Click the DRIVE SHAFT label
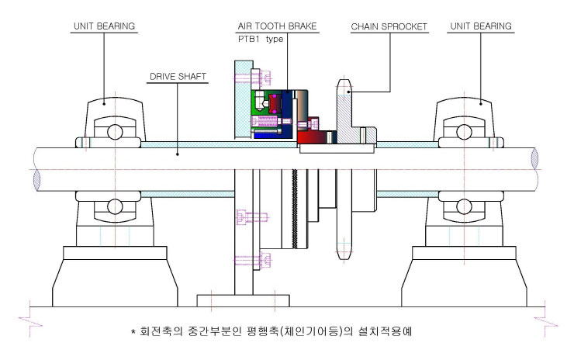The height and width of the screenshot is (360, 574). click(178, 77)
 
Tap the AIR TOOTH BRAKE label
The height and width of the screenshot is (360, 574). click(277, 26)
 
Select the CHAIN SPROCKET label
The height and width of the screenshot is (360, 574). click(389, 26)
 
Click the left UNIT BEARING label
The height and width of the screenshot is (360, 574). click(105, 26)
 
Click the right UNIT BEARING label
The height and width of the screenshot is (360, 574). click(481, 26)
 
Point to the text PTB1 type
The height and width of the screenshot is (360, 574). click(261, 40)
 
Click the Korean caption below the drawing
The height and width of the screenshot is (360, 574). click(271, 331)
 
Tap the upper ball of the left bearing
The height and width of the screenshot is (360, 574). click(115, 132)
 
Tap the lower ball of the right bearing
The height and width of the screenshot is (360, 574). click(464, 206)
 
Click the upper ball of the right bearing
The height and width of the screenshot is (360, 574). click(464, 132)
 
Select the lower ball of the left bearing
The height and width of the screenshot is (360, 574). click(115, 206)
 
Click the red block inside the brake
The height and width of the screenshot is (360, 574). click(275, 104)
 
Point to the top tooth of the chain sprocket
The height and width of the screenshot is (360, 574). click(344, 87)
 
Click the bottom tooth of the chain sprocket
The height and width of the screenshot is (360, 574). click(344, 251)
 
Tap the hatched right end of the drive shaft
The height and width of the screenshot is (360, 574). click(534, 158)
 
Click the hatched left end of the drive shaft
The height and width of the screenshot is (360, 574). click(36, 180)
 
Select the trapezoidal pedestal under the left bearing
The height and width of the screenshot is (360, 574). click(115, 282)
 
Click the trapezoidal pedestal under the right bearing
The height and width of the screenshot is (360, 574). click(464, 282)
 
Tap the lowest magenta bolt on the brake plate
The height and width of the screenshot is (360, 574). click(254, 260)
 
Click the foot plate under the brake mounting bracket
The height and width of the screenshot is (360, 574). click(243, 301)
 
